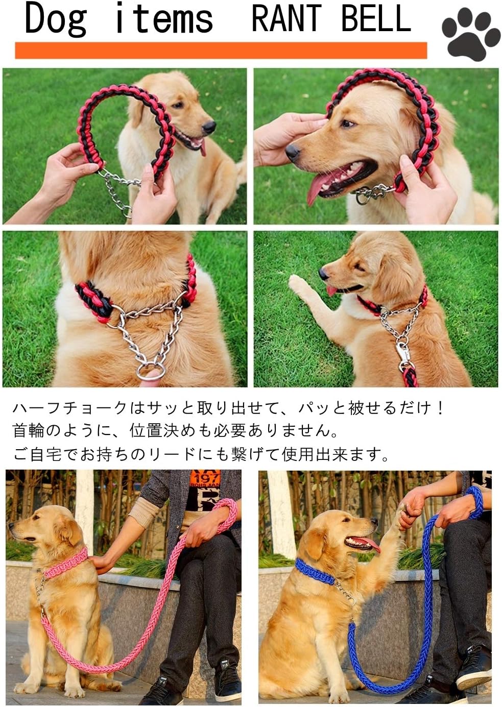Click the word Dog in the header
[x=55, y=19]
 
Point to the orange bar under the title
[x=221, y=51]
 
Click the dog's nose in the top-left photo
[x=208, y=127]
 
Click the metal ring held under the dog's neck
[x=150, y=371]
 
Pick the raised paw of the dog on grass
[x=298, y=282]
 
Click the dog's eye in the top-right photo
[x=348, y=124]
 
